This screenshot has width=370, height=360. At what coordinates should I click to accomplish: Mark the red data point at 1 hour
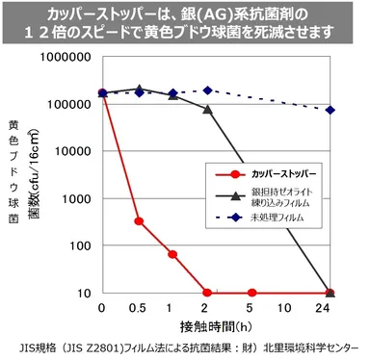172,254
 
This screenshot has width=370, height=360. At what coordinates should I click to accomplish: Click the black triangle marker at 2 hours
207,110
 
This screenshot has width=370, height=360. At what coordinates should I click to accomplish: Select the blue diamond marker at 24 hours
330,110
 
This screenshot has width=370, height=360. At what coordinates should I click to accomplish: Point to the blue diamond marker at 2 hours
207,90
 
